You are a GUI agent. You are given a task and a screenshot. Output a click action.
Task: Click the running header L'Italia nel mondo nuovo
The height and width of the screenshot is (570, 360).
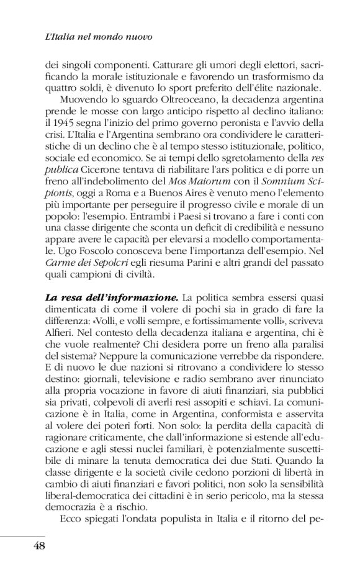click(99, 37)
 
